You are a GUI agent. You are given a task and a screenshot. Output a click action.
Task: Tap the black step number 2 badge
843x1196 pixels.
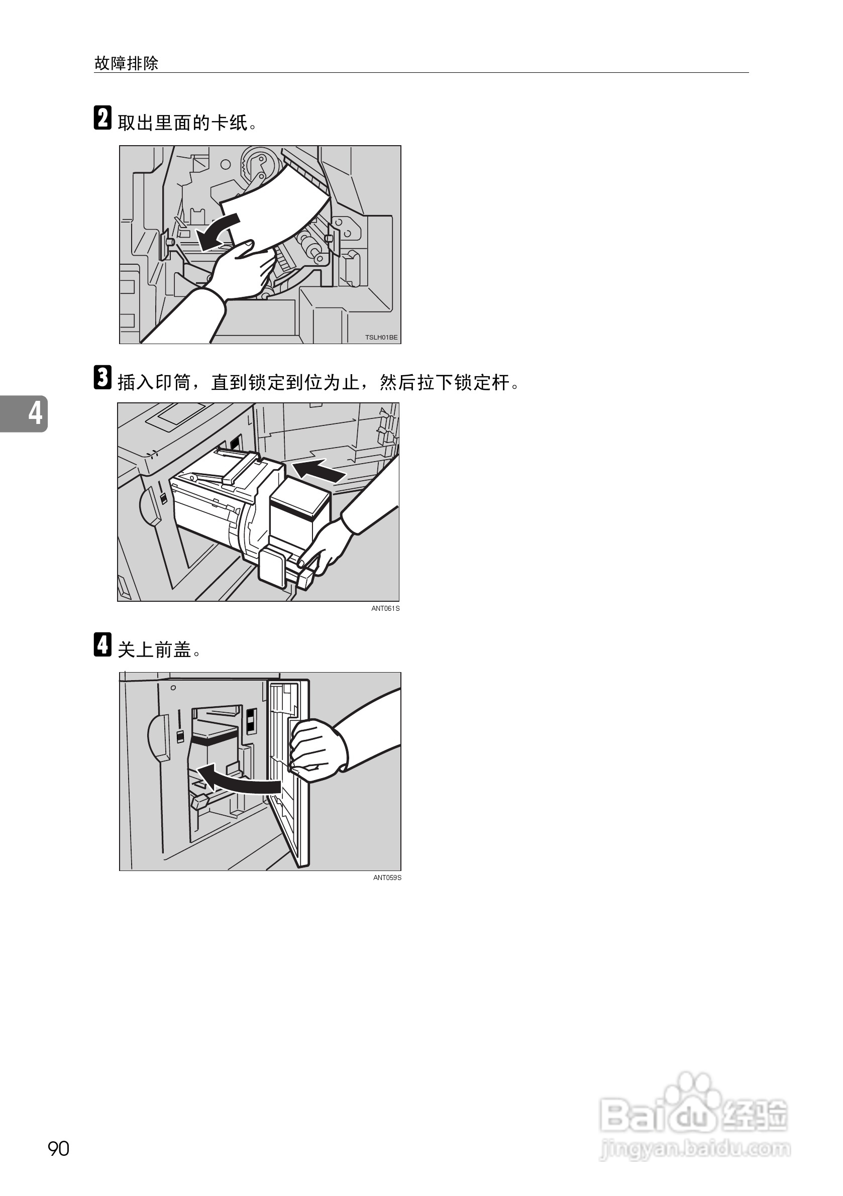102,118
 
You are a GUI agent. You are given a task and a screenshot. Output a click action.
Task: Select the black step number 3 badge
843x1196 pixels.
102,377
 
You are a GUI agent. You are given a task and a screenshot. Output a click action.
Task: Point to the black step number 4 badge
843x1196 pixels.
102,644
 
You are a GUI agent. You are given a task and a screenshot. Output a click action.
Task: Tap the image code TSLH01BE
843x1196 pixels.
381,338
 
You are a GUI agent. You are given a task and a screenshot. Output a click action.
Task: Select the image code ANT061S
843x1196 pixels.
385,608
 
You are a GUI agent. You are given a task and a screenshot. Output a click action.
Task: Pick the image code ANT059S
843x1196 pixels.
387,878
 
